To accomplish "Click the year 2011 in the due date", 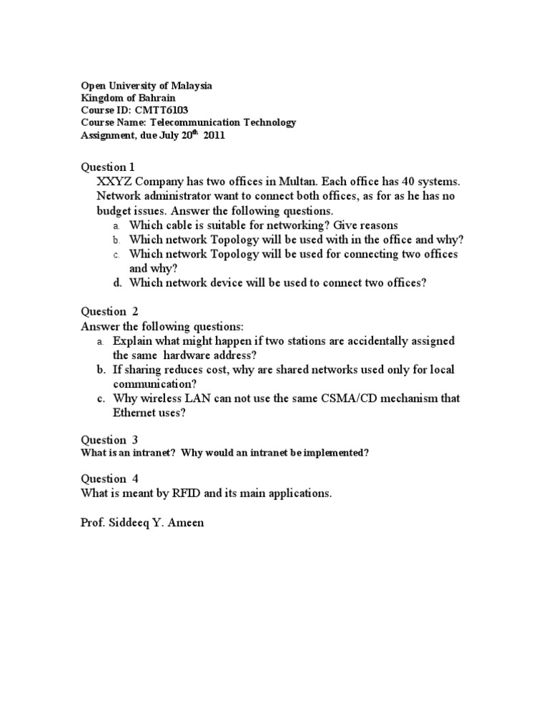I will coord(214,134).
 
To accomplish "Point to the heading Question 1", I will coord(107,167).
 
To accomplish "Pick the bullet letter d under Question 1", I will coord(117,283).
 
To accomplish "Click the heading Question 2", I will coord(109,311).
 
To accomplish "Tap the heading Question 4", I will coord(109,479).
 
